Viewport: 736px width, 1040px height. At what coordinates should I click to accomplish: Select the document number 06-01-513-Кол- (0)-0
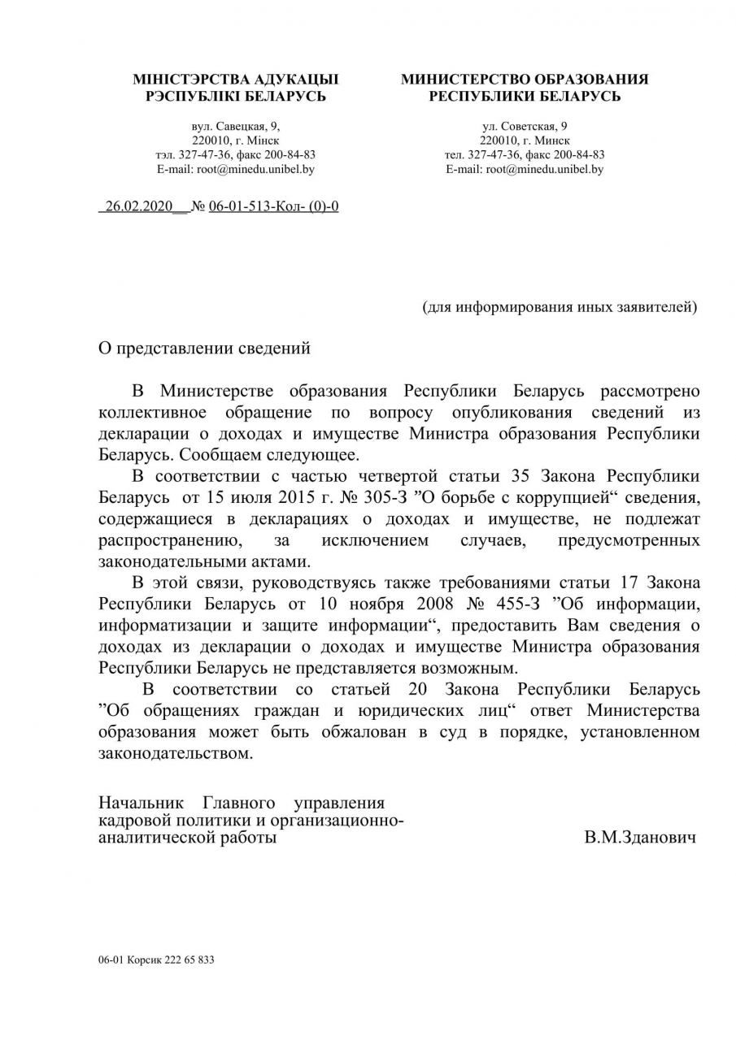(x=273, y=206)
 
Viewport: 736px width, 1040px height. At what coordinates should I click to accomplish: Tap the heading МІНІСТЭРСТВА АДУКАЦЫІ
(x=235, y=80)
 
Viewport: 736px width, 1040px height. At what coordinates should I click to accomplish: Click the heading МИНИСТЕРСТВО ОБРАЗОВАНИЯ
(x=525, y=80)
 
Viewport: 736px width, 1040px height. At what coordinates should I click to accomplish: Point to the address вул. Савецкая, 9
(x=235, y=126)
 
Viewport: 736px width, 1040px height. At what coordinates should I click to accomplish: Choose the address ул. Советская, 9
(x=525, y=126)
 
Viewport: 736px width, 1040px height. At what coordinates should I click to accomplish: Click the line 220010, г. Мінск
(x=235, y=141)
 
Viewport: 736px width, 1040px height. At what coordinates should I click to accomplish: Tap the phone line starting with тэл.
(x=235, y=155)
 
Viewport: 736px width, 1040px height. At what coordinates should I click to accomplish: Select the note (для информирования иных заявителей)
(x=560, y=307)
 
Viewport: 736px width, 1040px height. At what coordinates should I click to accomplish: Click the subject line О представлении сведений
(x=204, y=349)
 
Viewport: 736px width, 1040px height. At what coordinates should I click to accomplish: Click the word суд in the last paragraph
(x=510, y=732)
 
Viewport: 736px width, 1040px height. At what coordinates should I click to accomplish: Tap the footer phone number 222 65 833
(x=189, y=960)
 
